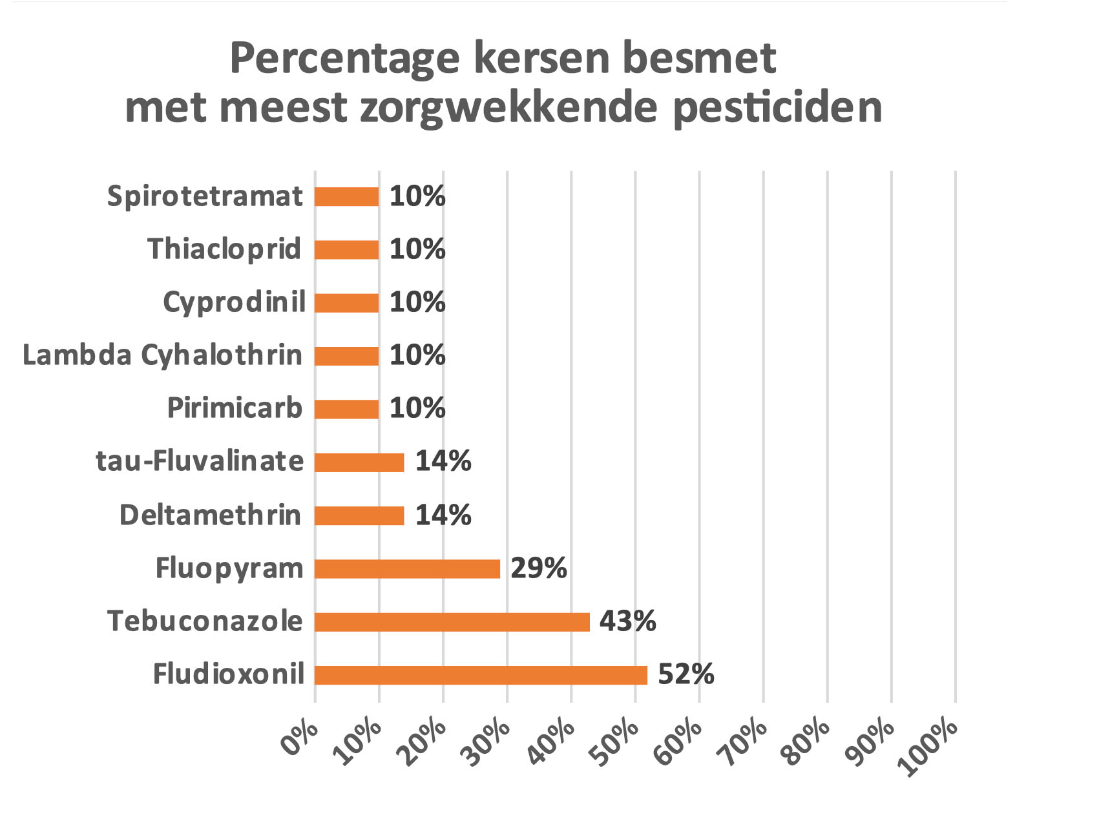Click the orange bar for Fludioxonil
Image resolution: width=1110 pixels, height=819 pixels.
click(481, 675)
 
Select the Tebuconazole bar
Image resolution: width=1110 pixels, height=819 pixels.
click(452, 622)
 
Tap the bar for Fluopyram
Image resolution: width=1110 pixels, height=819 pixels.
click(407, 569)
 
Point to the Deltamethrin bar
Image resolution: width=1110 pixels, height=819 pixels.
click(359, 515)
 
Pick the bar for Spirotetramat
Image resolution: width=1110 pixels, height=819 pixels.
click(346, 196)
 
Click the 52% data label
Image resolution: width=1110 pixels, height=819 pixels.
click(686, 674)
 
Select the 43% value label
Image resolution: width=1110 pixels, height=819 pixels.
click(627, 621)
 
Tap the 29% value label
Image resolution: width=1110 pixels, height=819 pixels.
click(538, 568)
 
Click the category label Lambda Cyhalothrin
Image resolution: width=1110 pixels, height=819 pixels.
click(162, 355)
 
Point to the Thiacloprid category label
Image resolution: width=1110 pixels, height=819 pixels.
click(224, 249)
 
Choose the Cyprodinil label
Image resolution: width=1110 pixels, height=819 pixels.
click(234, 302)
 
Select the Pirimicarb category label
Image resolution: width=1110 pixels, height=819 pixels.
click(235, 408)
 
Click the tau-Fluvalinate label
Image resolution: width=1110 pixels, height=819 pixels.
click(200, 461)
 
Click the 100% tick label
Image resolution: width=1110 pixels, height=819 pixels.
click(928, 748)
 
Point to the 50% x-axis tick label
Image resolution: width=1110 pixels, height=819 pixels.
click(616, 743)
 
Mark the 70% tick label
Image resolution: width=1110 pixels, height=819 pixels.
click(745, 743)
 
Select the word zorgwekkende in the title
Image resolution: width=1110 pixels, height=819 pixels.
click(510, 108)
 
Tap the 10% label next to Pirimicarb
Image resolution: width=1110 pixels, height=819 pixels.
click(417, 408)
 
